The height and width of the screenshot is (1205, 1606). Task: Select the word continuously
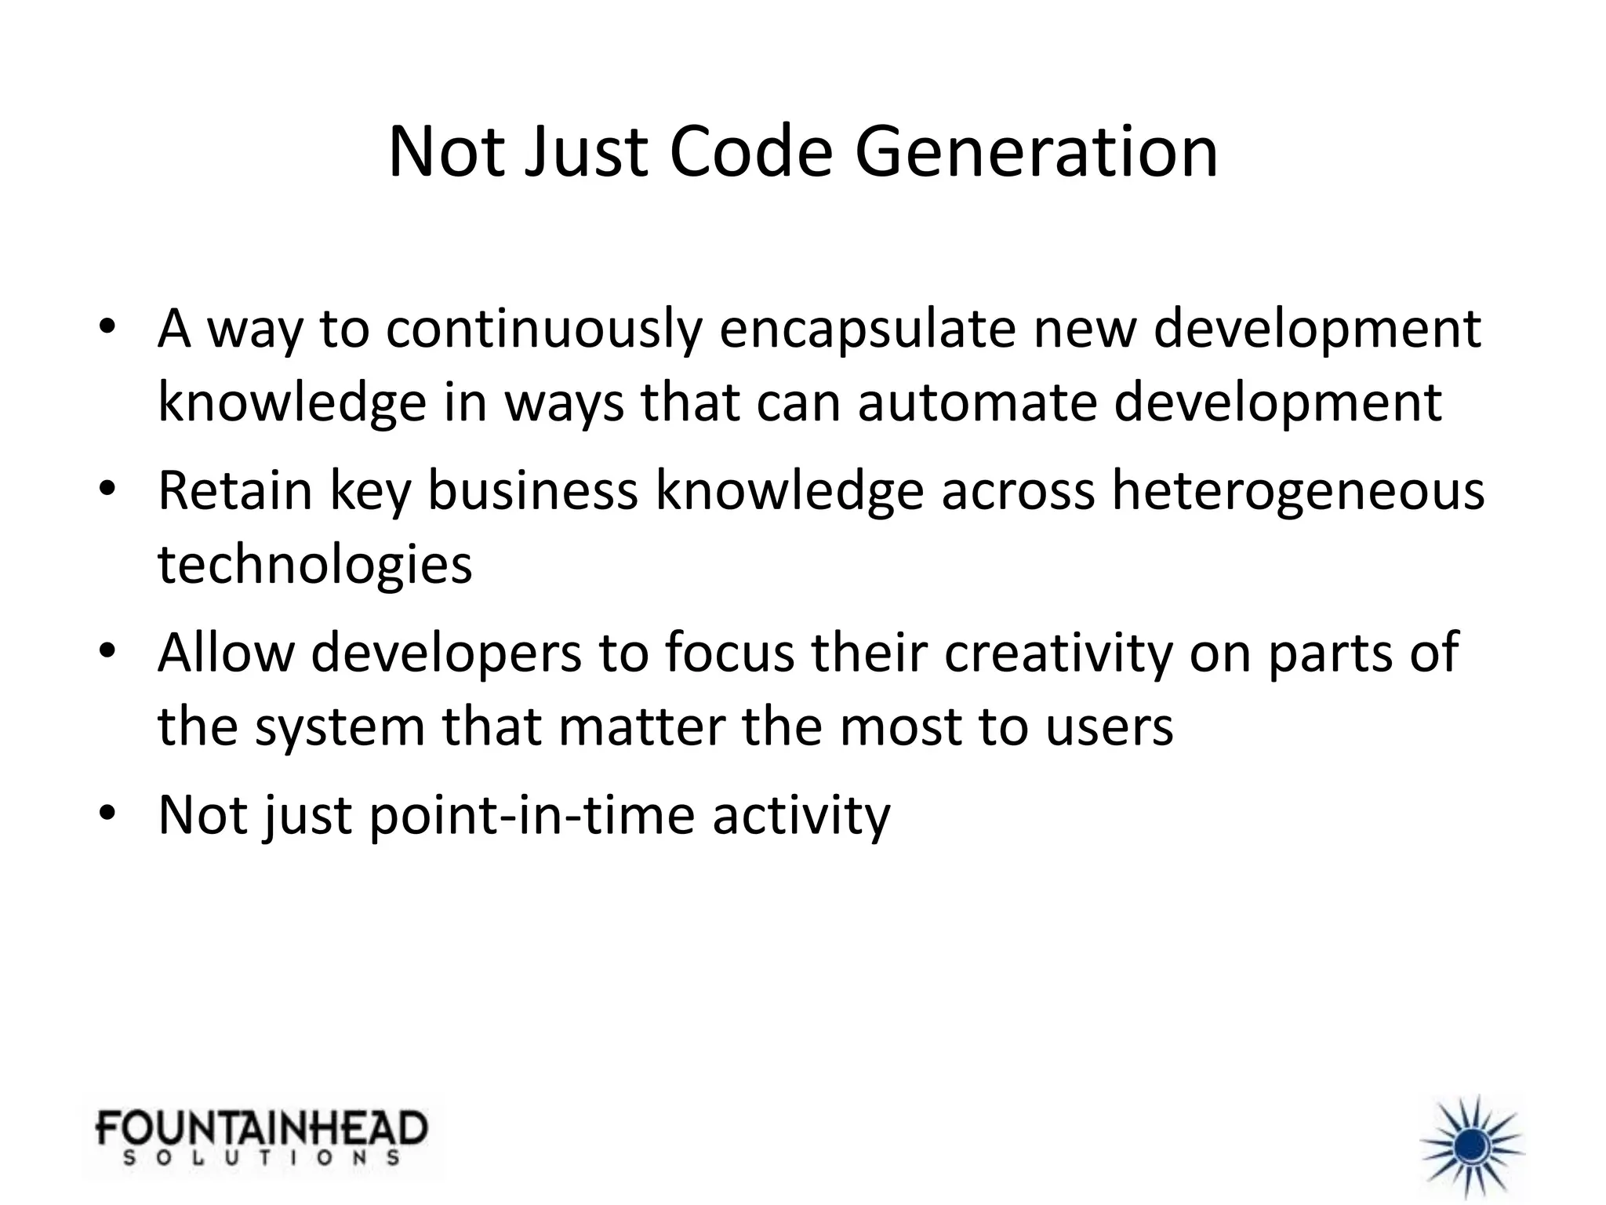click(x=543, y=329)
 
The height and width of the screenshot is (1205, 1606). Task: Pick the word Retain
click(x=235, y=490)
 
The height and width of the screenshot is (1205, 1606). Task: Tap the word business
click(x=532, y=490)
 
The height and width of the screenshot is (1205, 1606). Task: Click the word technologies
click(x=315, y=564)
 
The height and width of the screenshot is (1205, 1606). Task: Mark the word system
click(x=340, y=726)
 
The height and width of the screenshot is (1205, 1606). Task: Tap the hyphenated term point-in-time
click(x=532, y=815)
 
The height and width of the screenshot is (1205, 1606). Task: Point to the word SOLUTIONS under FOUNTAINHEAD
click(x=262, y=1158)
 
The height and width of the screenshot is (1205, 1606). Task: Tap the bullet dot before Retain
click(x=107, y=490)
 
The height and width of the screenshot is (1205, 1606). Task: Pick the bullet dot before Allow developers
click(x=107, y=653)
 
